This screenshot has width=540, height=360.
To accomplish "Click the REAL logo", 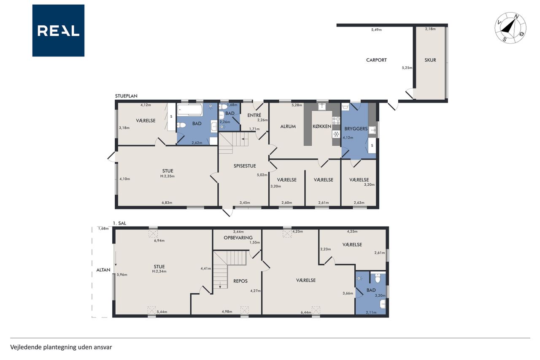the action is [58, 31].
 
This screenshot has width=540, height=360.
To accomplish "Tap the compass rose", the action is [510, 28].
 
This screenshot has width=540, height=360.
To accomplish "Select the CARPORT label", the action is [376, 60].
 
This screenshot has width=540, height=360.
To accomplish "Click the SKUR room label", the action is [430, 60].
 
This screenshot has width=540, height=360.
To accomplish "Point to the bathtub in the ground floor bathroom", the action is [190, 110].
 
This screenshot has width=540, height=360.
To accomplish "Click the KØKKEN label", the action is [322, 126].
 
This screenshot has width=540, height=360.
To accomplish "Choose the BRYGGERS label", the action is [356, 129].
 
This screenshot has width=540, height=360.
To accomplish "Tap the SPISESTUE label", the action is [245, 166].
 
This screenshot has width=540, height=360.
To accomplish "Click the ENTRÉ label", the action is [254, 115].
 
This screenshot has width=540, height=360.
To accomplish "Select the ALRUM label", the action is [288, 126].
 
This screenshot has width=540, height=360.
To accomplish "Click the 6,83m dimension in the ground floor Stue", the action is [167, 203].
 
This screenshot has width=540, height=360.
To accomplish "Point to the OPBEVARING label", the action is [238, 238].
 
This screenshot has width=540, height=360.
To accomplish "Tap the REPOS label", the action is [240, 281].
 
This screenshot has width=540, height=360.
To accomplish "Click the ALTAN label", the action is [103, 270].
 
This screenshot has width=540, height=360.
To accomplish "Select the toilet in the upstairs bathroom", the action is [378, 278].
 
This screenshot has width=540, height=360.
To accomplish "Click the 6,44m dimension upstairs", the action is [306, 312].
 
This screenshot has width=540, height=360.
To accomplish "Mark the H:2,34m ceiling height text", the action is [159, 271].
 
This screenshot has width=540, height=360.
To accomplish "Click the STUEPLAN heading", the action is [126, 96].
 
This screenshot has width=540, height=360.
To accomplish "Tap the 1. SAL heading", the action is [119, 223].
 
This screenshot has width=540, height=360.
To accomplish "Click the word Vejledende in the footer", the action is [26, 347].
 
